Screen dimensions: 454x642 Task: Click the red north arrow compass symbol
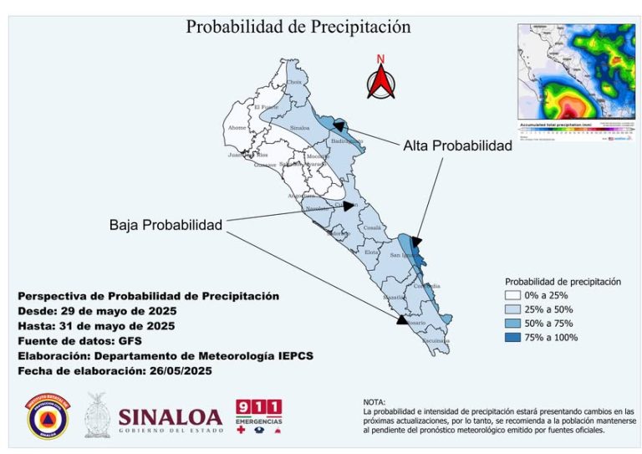pyautogui.click(x=380, y=80)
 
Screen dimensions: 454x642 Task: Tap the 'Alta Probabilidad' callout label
pyautogui.click(x=457, y=145)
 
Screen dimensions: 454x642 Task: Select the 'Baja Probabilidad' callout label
pyautogui.click(x=166, y=226)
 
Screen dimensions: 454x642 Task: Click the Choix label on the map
pyautogui.click(x=293, y=83)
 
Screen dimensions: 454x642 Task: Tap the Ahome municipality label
pyautogui.click(x=237, y=128)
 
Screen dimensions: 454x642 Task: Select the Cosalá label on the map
pyautogui.click(x=372, y=227)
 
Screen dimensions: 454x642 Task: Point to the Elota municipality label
pyautogui.click(x=372, y=251)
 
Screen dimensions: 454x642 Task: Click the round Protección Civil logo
pyautogui.click(x=48, y=417)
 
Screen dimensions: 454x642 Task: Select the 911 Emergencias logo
pyautogui.click(x=258, y=416)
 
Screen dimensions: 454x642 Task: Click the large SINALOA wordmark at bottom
pyautogui.click(x=171, y=416)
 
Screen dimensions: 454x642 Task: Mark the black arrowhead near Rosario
pyautogui.click(x=402, y=319)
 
